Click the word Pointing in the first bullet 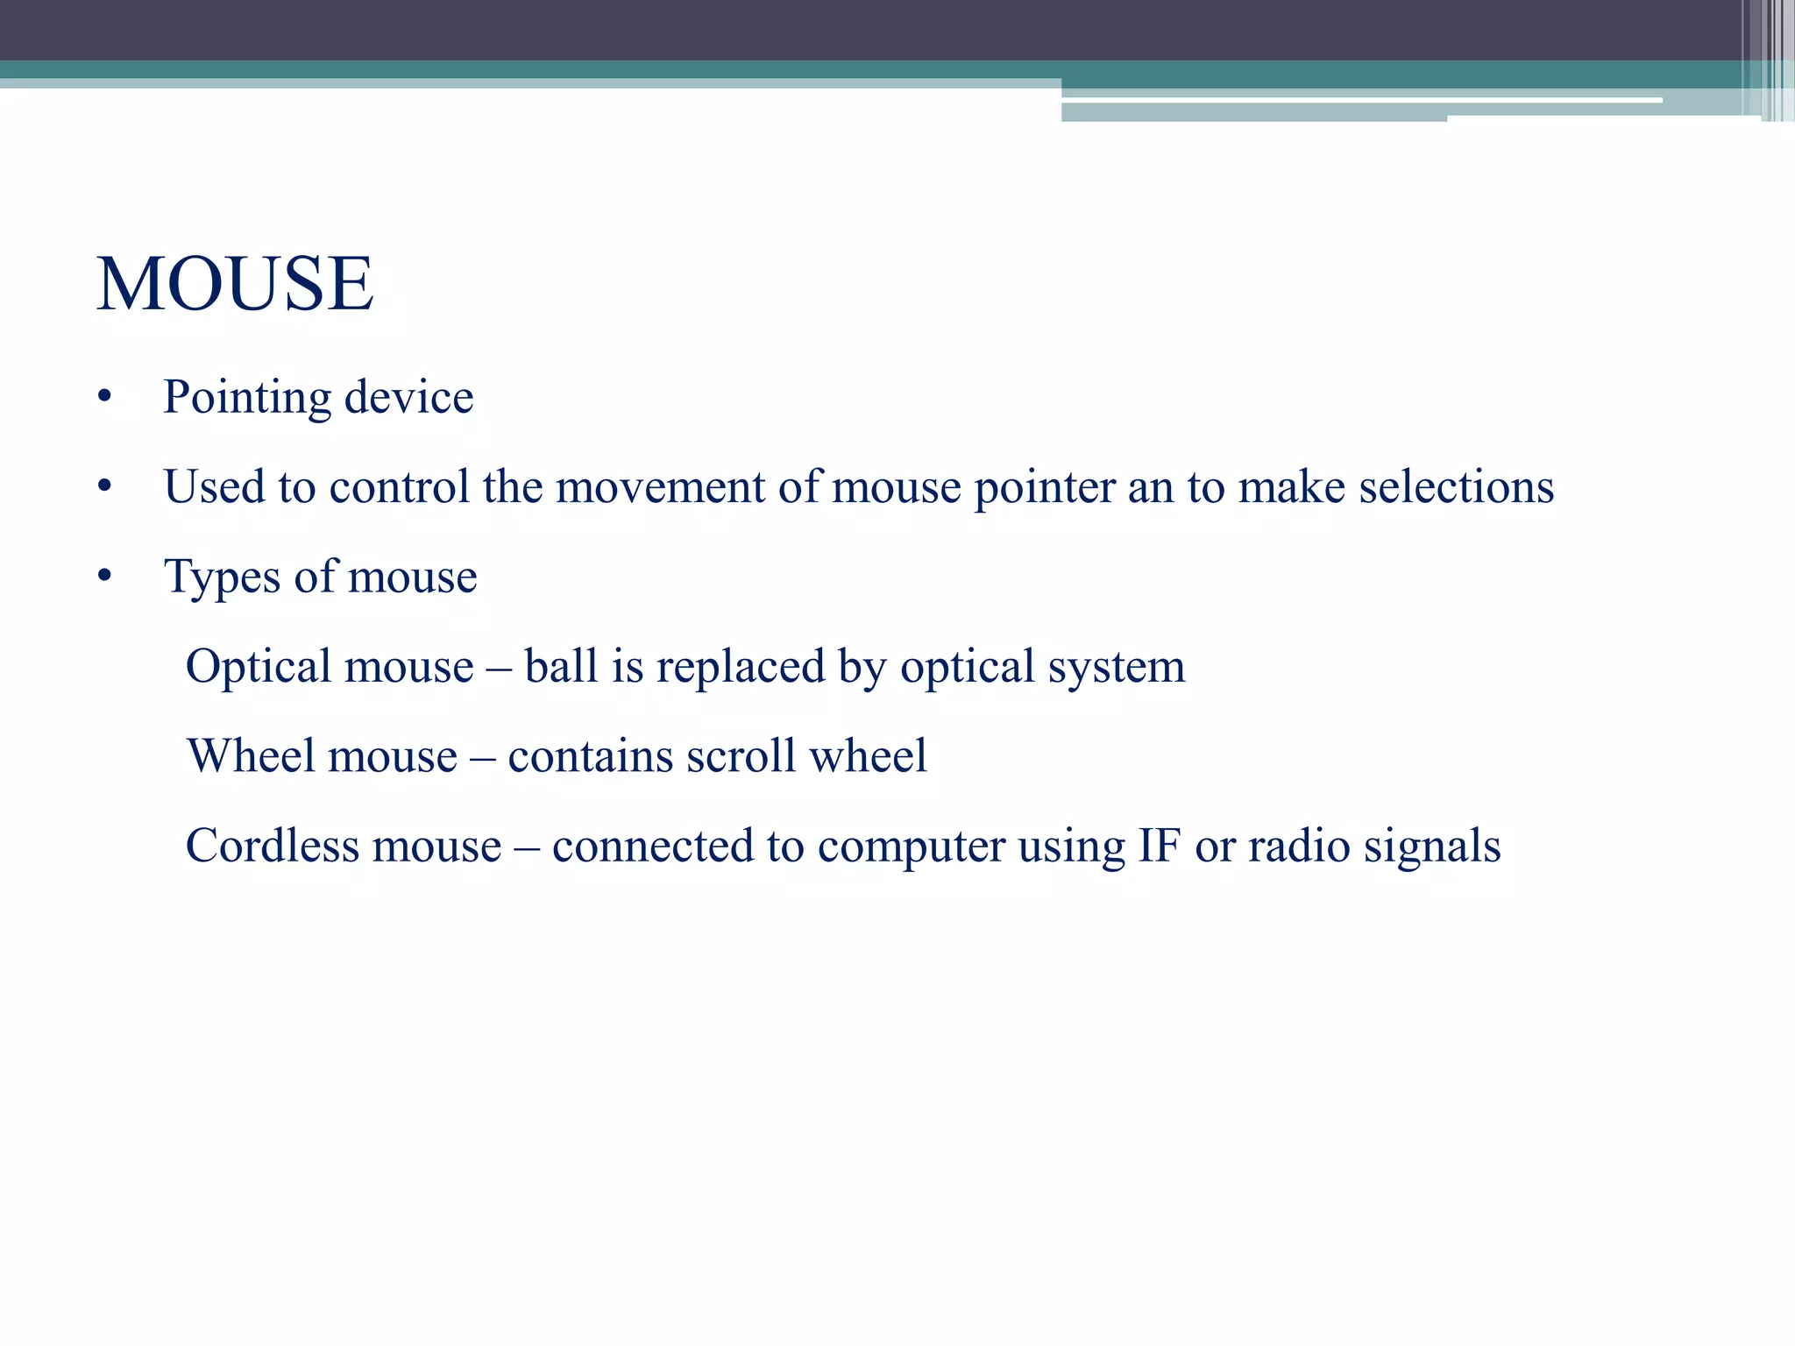[x=246, y=398]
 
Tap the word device [x=408, y=398]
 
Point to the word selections [x=1456, y=487]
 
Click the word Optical [x=258, y=668]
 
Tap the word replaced [x=741, y=668]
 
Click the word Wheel [x=250, y=756]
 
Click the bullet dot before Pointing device [x=105, y=398]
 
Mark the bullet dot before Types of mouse [x=105, y=577]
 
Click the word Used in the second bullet [x=214, y=487]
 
